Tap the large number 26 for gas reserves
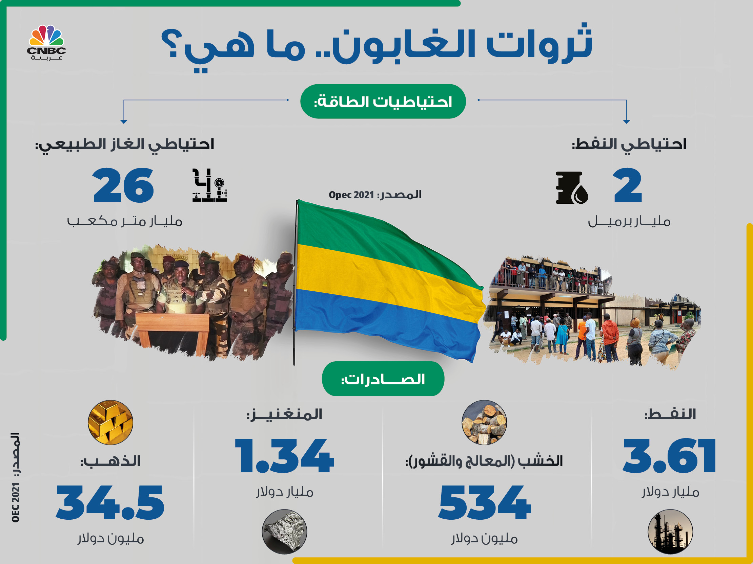(123, 185)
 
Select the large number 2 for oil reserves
(628, 185)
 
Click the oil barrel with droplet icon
(572, 188)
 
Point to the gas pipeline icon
(209, 185)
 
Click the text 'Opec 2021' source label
(351, 195)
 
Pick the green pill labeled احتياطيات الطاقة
(383, 101)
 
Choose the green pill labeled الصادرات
(383, 379)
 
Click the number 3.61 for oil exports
(670, 455)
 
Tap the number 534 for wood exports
(484, 502)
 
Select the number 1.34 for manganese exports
(285, 455)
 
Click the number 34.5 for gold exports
(110, 502)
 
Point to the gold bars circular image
(110, 422)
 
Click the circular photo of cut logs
(484, 422)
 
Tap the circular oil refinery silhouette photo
(670, 532)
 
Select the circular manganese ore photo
(284, 532)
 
